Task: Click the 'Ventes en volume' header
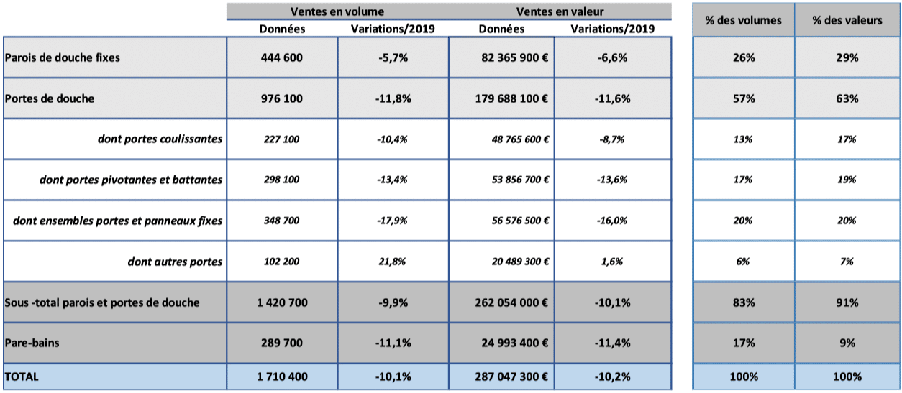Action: tap(337, 11)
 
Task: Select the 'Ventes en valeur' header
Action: tap(560, 11)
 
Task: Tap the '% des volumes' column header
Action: tap(743, 21)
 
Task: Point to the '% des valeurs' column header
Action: tap(847, 21)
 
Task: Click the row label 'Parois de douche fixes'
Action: tap(63, 57)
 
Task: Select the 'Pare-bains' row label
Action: tap(32, 343)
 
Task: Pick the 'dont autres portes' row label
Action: tap(175, 262)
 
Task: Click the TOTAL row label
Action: tap(22, 376)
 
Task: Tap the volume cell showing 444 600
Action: tap(281, 57)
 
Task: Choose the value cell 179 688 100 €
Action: tap(511, 98)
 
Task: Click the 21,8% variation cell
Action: tap(392, 262)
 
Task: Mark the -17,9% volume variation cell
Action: tap(392, 221)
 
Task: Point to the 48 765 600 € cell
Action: tap(520, 139)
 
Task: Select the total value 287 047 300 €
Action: tap(511, 376)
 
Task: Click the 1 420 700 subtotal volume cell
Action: tap(282, 302)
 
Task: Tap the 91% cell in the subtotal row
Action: tap(847, 302)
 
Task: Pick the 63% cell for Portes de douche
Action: tap(847, 98)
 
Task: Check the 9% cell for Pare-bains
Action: tap(847, 343)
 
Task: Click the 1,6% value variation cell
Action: tap(612, 262)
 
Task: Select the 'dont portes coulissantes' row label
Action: tap(160, 139)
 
